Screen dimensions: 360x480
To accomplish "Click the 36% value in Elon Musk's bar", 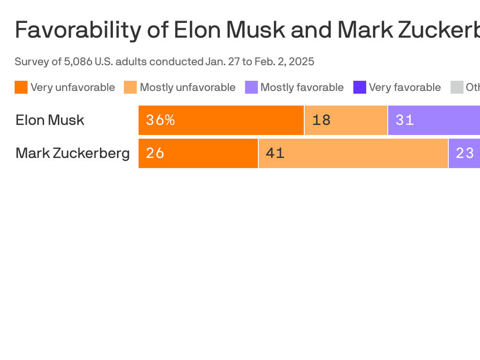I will (x=160, y=120).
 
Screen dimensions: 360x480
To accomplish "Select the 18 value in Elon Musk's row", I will (x=322, y=120).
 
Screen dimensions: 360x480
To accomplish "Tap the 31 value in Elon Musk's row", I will (x=405, y=120).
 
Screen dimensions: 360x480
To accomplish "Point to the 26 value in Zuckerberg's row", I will (x=155, y=153).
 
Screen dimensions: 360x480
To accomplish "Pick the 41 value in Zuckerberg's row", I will (x=275, y=153).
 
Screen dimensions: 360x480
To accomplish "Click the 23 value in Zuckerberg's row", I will (x=465, y=153).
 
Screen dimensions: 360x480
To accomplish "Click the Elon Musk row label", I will (x=50, y=120).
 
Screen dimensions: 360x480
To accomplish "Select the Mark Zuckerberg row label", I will (x=73, y=153).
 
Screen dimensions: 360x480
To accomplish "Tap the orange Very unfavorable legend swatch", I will (x=21, y=87).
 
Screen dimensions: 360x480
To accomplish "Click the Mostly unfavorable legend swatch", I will (x=130, y=87).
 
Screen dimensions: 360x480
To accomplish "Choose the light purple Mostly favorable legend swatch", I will (x=251, y=87).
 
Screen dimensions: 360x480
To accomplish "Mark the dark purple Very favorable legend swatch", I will (x=360, y=87).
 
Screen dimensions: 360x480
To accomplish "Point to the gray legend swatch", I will (x=457, y=87).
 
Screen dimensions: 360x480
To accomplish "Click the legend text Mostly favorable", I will (x=302, y=87).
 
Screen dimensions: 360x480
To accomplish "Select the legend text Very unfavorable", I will (x=73, y=87).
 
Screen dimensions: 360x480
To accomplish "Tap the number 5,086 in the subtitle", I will (x=80, y=61).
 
